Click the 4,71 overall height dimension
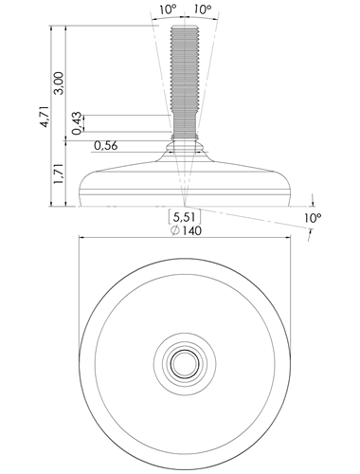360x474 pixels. (x=45, y=117)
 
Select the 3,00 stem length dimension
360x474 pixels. (x=59, y=83)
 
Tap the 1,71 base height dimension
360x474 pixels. (x=59, y=173)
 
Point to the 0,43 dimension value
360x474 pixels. (x=77, y=123)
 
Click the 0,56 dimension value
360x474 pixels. (x=106, y=146)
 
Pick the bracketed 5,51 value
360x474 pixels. (x=185, y=217)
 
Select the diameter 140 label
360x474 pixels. (x=191, y=230)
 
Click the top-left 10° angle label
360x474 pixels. (x=168, y=9)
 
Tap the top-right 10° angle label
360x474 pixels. (x=203, y=9)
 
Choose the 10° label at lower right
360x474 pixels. (x=313, y=218)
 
